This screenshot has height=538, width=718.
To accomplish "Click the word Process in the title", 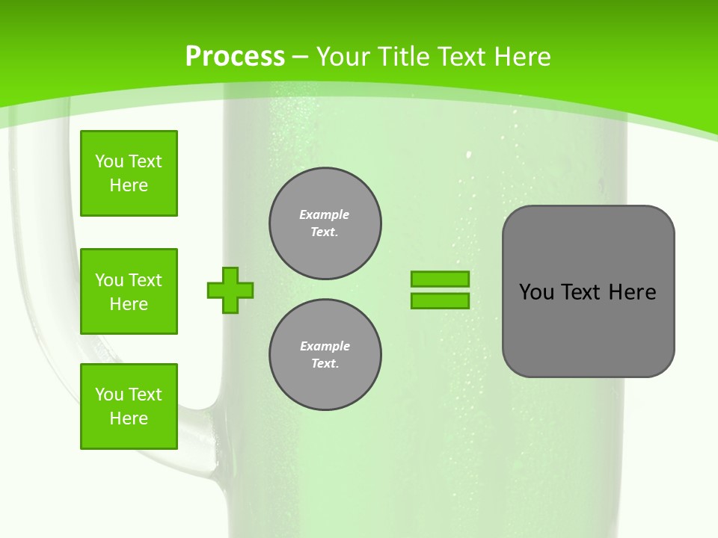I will tap(235, 57).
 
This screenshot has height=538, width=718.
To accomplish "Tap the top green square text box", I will tap(129, 173).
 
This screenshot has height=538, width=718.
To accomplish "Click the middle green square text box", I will tap(129, 291).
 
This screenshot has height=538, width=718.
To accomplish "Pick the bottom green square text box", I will tap(129, 406).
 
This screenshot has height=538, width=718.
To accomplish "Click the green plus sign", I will tap(230, 290).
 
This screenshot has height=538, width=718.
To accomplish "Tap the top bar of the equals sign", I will tap(440, 279).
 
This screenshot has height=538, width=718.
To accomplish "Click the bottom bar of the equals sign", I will tap(440, 301).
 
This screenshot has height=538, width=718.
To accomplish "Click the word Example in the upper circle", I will tap(325, 214).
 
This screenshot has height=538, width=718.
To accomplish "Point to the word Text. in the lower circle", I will tap(325, 364).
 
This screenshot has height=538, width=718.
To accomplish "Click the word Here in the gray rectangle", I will tap(632, 292).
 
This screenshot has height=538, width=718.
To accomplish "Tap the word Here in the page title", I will tap(521, 57).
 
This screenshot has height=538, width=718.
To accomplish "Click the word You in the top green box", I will tap(108, 162).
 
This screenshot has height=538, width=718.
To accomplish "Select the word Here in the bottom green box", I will tap(129, 418).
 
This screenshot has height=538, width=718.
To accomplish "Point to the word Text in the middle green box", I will tap(145, 280).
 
